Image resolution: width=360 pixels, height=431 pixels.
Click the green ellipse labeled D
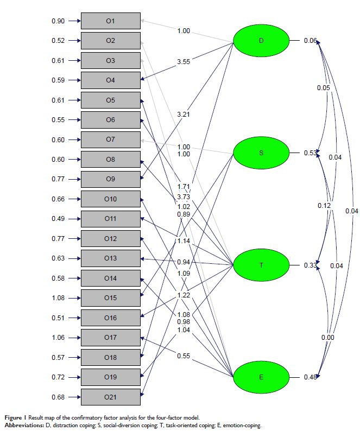pyautogui.click(x=261, y=41)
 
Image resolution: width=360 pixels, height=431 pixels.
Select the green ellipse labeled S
pyautogui.click(x=261, y=153)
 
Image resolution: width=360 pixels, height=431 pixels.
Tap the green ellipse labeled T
pyautogui.click(x=261, y=265)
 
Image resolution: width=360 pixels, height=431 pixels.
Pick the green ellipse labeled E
pyautogui.click(x=261, y=377)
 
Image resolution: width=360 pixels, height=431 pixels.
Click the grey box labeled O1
pyautogui.click(x=110, y=21)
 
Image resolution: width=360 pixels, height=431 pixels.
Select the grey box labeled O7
pyautogui.click(x=110, y=140)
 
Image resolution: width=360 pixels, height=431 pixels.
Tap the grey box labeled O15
pyautogui.click(x=110, y=298)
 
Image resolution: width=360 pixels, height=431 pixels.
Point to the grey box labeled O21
pyautogui.click(x=110, y=397)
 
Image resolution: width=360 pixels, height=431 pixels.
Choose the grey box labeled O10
pyautogui.click(x=110, y=199)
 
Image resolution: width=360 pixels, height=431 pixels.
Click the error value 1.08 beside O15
pyautogui.click(x=58, y=298)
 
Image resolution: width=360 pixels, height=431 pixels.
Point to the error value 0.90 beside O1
pyautogui.click(x=58, y=21)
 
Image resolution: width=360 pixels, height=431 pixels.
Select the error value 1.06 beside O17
pyautogui.click(x=58, y=338)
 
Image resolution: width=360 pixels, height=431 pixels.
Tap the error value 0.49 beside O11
pyautogui.click(x=58, y=219)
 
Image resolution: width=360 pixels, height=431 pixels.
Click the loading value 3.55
pyautogui.click(x=184, y=62)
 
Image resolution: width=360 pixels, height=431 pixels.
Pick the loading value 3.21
pyautogui.click(x=184, y=115)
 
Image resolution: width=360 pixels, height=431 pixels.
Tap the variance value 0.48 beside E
pyautogui.click(x=311, y=377)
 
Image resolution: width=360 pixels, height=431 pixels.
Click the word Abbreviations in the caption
pyautogui.click(x=23, y=426)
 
